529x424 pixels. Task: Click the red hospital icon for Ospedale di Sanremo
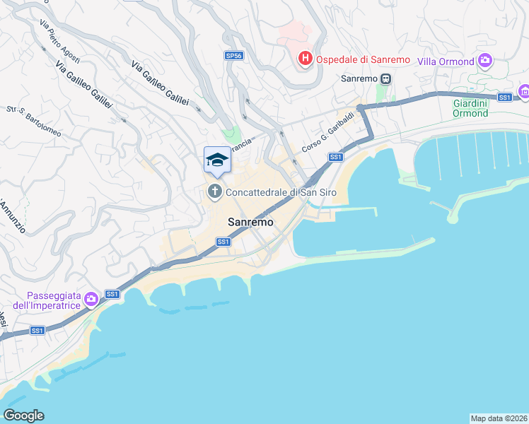pos(305,58)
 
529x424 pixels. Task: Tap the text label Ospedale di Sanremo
pos(363,59)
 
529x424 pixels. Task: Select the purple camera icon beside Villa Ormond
pos(484,60)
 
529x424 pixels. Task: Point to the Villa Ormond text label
pos(446,61)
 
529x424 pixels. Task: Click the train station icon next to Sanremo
pos(385,78)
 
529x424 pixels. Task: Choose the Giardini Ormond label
pos(470,107)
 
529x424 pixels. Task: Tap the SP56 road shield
pos(233,55)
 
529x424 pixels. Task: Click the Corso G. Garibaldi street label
pos(327,132)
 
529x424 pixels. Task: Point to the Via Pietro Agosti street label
pos(59,42)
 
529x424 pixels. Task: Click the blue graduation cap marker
pos(217,160)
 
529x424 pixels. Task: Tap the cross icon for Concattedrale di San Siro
pos(214,191)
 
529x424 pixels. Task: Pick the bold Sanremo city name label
pos(250,221)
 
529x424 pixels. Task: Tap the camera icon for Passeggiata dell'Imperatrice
pos(91,300)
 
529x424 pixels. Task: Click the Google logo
pos(24,415)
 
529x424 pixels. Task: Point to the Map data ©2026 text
pos(499,418)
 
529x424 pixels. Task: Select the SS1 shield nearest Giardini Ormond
pos(504,97)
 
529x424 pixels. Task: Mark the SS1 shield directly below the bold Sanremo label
pos(223,242)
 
